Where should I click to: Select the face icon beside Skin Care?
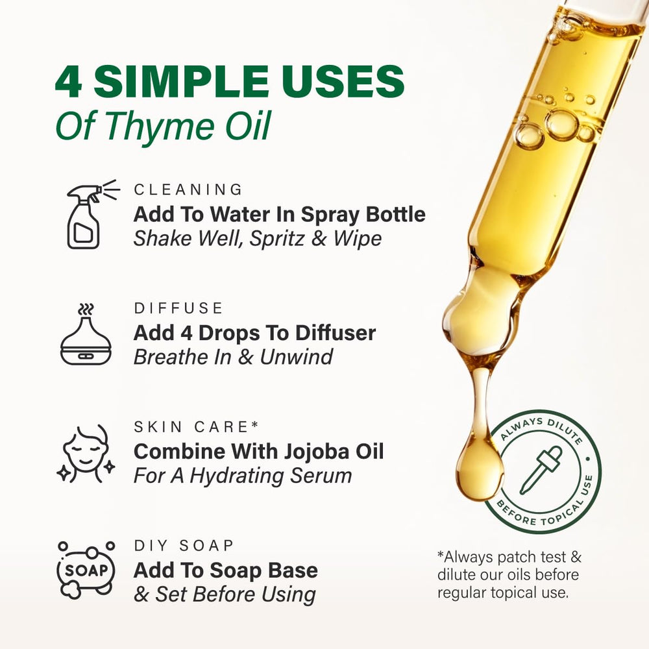tap(86, 454)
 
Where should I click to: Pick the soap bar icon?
tap(86, 570)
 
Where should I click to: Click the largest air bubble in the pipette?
tap(561, 125)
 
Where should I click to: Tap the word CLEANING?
tap(188, 190)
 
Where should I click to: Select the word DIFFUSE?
tap(178, 308)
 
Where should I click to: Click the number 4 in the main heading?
tap(69, 82)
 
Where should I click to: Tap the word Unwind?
tap(297, 357)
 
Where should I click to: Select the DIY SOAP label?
tap(184, 546)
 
